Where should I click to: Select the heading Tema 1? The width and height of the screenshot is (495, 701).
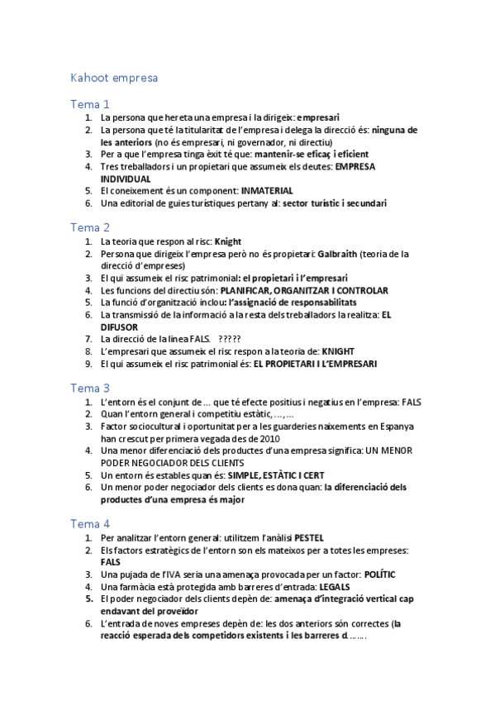click(x=89, y=104)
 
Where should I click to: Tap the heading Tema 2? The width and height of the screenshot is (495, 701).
click(x=89, y=227)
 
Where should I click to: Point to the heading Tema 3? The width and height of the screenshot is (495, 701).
click(x=89, y=388)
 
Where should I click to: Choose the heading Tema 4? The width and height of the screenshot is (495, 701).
click(x=89, y=524)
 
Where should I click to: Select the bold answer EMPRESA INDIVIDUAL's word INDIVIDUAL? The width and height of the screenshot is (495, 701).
click(x=126, y=179)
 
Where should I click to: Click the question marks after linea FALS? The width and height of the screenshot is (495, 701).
click(x=230, y=339)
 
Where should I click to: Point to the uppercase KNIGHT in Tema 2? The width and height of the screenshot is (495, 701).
click(x=337, y=351)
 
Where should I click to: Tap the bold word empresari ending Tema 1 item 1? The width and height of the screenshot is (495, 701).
click(x=318, y=117)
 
